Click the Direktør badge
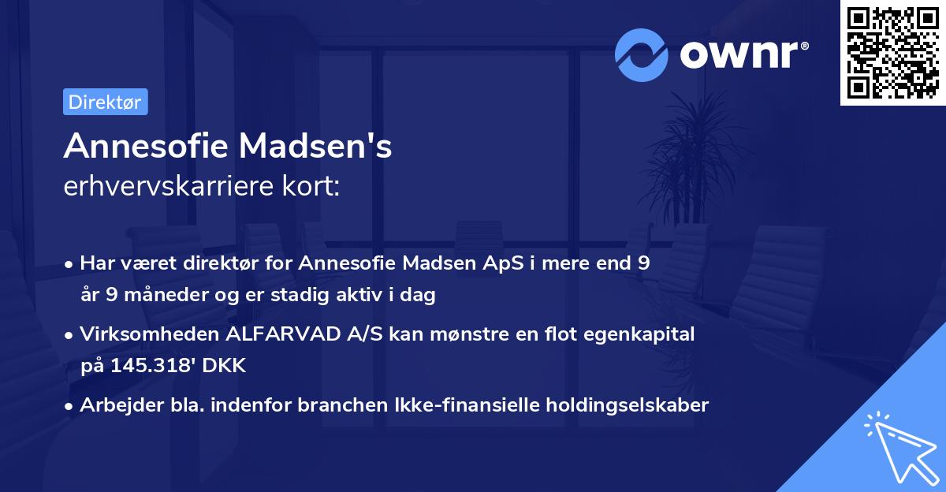click(105, 102)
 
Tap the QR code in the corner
click(892, 54)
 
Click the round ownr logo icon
click(642, 54)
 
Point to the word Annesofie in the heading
click(145, 147)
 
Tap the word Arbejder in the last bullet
click(113, 404)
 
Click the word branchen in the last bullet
click(345, 404)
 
